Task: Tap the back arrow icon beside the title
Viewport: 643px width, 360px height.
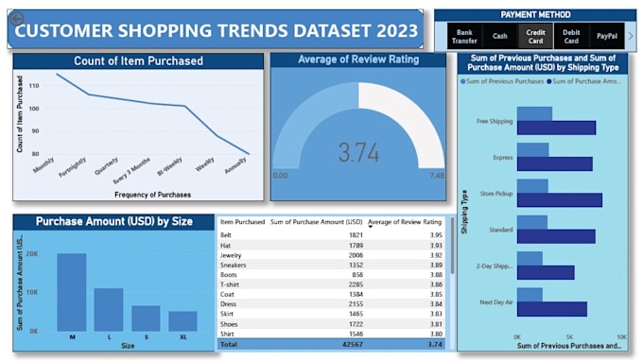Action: (x=16, y=18)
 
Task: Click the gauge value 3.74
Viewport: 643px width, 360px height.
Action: (x=358, y=152)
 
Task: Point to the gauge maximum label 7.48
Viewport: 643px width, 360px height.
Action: (x=437, y=176)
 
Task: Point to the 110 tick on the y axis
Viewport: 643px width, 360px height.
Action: (x=33, y=85)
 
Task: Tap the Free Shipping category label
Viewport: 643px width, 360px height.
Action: (x=495, y=121)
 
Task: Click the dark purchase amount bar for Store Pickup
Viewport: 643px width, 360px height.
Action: (x=559, y=199)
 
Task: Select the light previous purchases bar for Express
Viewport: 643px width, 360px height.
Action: (x=532, y=149)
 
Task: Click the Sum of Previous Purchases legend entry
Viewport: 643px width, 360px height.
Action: (x=504, y=81)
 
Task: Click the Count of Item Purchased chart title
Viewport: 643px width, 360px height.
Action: (x=137, y=61)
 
